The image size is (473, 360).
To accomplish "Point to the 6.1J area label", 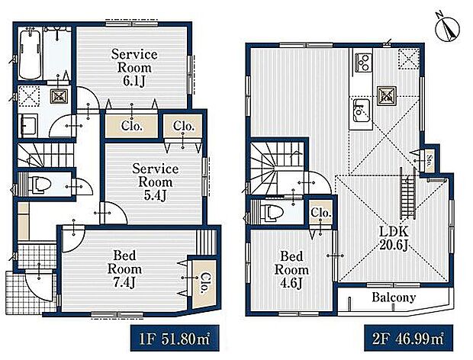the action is pyautogui.click(x=134, y=81).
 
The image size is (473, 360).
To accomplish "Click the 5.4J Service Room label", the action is pyautogui.click(x=155, y=182).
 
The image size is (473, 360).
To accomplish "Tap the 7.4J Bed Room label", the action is pyautogui.click(x=124, y=269).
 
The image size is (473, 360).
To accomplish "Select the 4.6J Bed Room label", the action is pyautogui.click(x=291, y=270).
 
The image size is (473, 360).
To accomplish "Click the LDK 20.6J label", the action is pyautogui.click(x=394, y=239).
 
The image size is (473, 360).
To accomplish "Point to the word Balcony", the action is pyautogui.click(x=394, y=297).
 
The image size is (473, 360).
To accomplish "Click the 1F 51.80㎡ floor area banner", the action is pyautogui.click(x=175, y=339).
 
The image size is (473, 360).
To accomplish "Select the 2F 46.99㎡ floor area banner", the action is pyautogui.click(x=408, y=339).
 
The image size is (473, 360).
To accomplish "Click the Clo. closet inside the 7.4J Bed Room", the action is pyautogui.click(x=204, y=283).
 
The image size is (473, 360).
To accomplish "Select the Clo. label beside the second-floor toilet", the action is pyautogui.click(x=321, y=213).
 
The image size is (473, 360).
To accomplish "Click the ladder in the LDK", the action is pyautogui.click(x=408, y=193).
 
